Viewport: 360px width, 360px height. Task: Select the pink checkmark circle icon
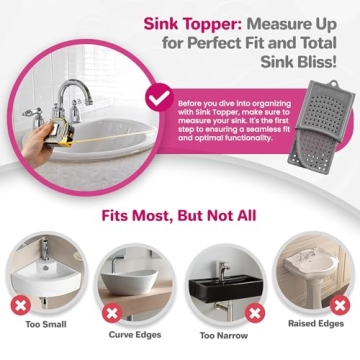(158, 98)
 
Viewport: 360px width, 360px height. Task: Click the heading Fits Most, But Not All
(179, 218)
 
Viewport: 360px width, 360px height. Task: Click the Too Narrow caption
(223, 335)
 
